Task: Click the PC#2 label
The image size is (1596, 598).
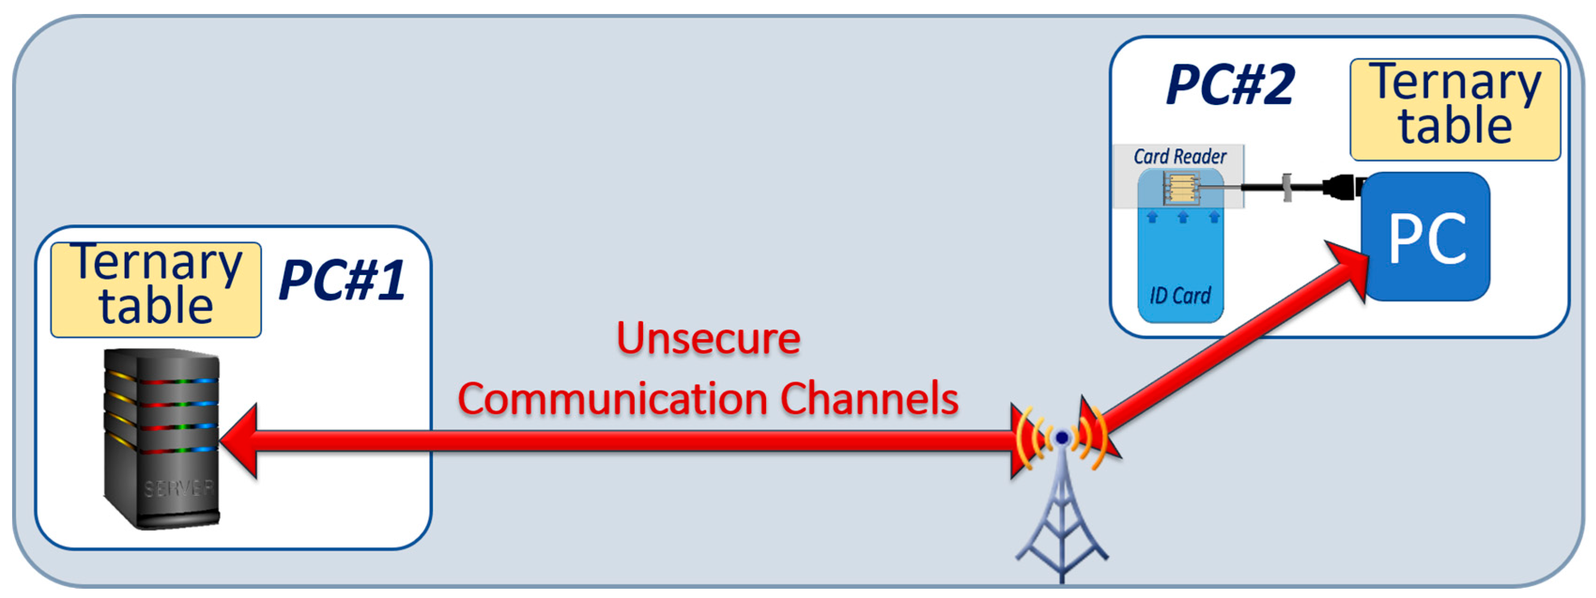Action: point(1230,85)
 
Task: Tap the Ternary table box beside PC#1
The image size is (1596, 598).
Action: point(156,290)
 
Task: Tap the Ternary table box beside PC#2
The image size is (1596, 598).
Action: point(1455,109)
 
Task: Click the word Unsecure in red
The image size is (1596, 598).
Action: point(708,339)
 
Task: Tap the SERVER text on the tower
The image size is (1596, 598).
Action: point(178,489)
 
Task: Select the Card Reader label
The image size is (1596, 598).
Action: point(1180,157)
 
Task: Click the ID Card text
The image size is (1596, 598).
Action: point(1180,296)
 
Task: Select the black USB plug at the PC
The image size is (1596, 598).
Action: point(1342,186)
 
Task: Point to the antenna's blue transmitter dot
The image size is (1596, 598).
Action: point(1062,438)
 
